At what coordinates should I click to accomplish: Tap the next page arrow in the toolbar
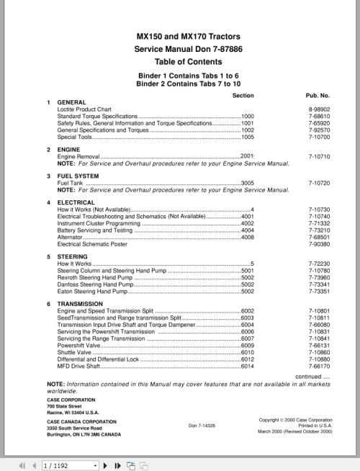(107, 466)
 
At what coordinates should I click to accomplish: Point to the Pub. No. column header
(318, 95)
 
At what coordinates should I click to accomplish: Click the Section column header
(243, 95)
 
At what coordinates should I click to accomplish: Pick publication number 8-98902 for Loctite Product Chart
(318, 109)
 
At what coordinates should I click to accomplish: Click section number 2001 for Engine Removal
(248, 156)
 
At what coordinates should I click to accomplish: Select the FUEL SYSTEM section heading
(78, 176)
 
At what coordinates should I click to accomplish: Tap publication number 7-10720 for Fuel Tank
(318, 184)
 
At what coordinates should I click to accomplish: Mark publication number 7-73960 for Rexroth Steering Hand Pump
(318, 277)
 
